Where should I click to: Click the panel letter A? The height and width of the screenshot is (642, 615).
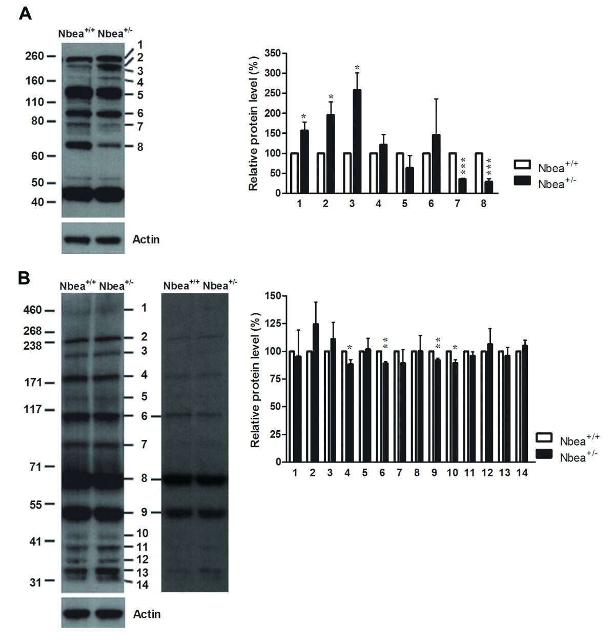[25, 13]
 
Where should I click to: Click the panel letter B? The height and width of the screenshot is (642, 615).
[24, 278]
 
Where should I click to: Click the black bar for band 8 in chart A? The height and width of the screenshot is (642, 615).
[489, 187]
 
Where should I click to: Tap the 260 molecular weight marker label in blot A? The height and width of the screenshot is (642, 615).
[34, 56]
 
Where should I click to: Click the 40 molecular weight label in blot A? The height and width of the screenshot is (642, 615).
[37, 202]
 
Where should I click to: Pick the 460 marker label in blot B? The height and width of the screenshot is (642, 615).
[32, 310]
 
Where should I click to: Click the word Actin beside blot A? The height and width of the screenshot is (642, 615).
[146, 239]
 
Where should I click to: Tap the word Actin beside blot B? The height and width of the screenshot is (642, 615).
[146, 614]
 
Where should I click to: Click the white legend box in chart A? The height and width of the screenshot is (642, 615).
[523, 165]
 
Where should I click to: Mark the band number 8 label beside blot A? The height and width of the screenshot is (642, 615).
[139, 147]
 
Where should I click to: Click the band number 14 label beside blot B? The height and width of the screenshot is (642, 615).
[142, 584]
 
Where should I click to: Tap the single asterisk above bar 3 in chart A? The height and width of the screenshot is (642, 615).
[358, 68]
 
